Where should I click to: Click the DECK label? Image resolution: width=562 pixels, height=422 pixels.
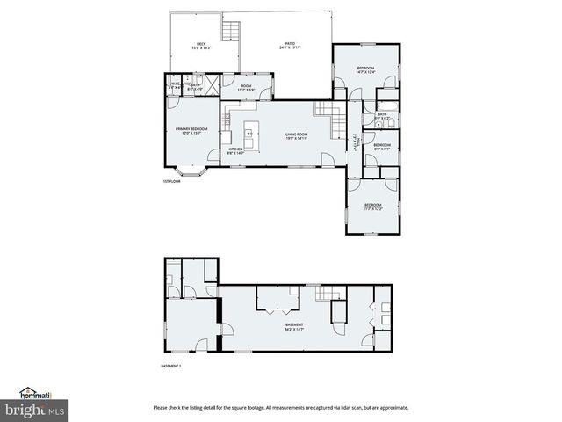click(200, 45)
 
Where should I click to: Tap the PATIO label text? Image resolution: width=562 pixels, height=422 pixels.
click(290, 45)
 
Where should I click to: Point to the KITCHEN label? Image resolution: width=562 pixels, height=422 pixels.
click(235, 150)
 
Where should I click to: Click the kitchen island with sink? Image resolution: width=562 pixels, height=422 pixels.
click(249, 136)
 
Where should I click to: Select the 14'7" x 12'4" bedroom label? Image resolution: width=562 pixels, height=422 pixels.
click(366, 69)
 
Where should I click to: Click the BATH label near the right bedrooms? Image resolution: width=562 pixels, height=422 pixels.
click(382, 116)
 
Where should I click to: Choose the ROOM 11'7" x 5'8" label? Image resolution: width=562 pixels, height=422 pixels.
click(247, 88)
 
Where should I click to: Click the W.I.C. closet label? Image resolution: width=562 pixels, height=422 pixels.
click(175, 86)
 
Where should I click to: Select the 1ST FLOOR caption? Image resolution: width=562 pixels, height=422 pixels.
click(172, 182)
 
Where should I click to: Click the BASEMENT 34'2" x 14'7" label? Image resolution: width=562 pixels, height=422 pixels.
click(294, 327)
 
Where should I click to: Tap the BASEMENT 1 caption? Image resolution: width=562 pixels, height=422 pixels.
click(171, 366)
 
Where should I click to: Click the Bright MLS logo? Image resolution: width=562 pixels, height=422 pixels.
click(34, 410)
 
